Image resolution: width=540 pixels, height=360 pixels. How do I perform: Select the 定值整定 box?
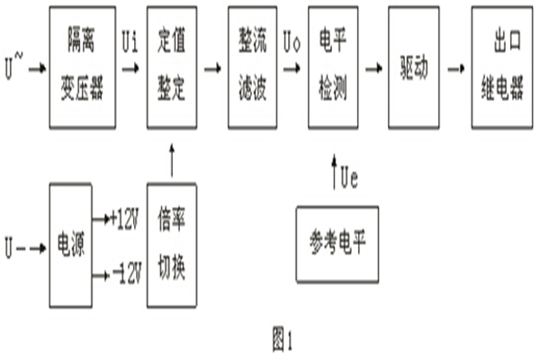[170, 67]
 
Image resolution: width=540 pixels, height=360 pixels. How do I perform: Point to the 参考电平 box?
[337, 244]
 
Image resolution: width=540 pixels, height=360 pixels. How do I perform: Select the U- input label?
[12, 242]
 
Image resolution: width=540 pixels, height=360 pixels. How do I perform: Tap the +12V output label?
[122, 217]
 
